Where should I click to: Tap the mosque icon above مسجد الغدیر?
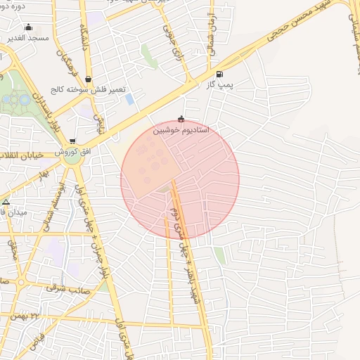pos(27,27)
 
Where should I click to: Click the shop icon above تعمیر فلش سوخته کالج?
pos(87,79)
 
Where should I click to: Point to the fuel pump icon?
pos(220,74)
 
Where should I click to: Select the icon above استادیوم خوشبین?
pos(181,120)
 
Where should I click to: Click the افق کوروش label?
pos(71,152)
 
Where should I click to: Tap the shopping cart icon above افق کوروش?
pos(72,141)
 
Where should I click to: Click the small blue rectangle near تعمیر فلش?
pos(129,99)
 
